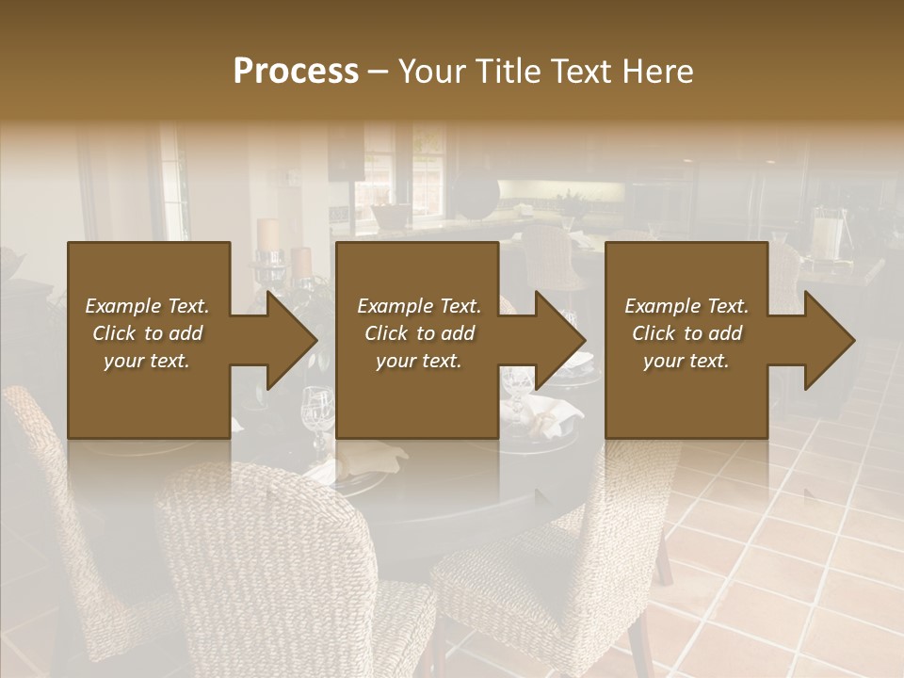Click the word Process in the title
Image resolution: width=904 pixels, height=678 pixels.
tap(296, 72)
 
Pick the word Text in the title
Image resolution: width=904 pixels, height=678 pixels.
tap(581, 72)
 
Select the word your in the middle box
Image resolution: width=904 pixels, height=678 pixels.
tap(395, 361)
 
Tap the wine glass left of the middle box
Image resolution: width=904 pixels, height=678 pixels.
tap(317, 414)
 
